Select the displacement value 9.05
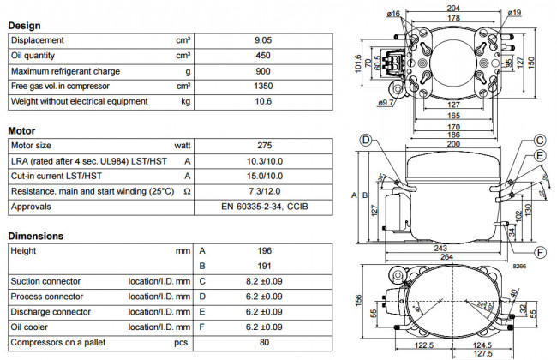264,40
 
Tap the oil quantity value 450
264,56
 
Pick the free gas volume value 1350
264,86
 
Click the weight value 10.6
264,101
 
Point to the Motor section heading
21,131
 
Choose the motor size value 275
264,146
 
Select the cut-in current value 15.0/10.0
264,176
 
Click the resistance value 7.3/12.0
264,191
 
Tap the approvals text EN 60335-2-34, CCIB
264,207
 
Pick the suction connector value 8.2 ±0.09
264,281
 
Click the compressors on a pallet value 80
264,341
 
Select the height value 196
264,250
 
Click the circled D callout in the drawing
365,141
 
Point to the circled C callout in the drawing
540,141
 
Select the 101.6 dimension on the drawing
359,64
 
